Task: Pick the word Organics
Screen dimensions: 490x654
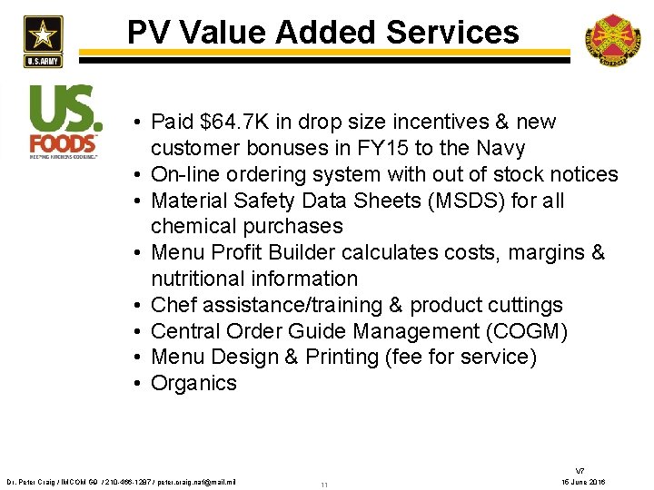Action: [x=193, y=383]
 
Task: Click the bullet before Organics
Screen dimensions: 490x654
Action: [x=134, y=384]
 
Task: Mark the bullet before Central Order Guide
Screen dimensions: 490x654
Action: [x=134, y=332]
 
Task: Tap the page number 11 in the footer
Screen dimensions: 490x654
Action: [x=324, y=485]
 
